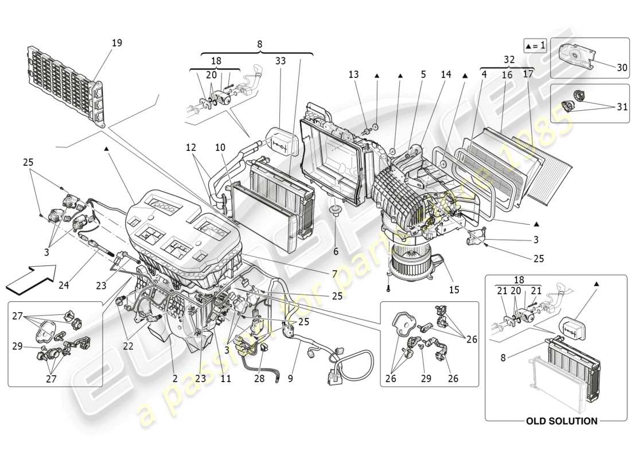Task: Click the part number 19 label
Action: click(117, 43)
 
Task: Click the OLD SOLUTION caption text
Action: click(562, 421)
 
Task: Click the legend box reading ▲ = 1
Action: click(534, 45)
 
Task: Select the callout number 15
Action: click(454, 290)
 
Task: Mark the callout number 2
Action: click(175, 378)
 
